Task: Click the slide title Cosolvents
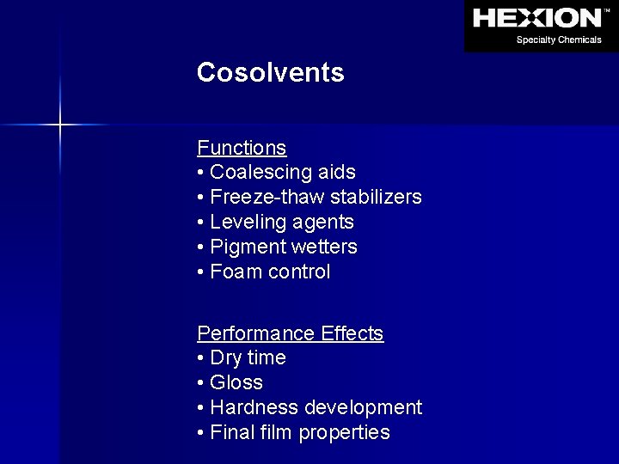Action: [270, 72]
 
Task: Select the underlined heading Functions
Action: [242, 148]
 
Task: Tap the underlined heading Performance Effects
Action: [290, 333]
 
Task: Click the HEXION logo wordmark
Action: [537, 18]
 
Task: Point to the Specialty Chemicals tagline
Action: [558, 40]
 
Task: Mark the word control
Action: [299, 272]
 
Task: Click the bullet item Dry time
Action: [247, 357]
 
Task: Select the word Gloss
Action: [236, 382]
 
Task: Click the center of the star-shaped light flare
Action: [60, 125]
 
